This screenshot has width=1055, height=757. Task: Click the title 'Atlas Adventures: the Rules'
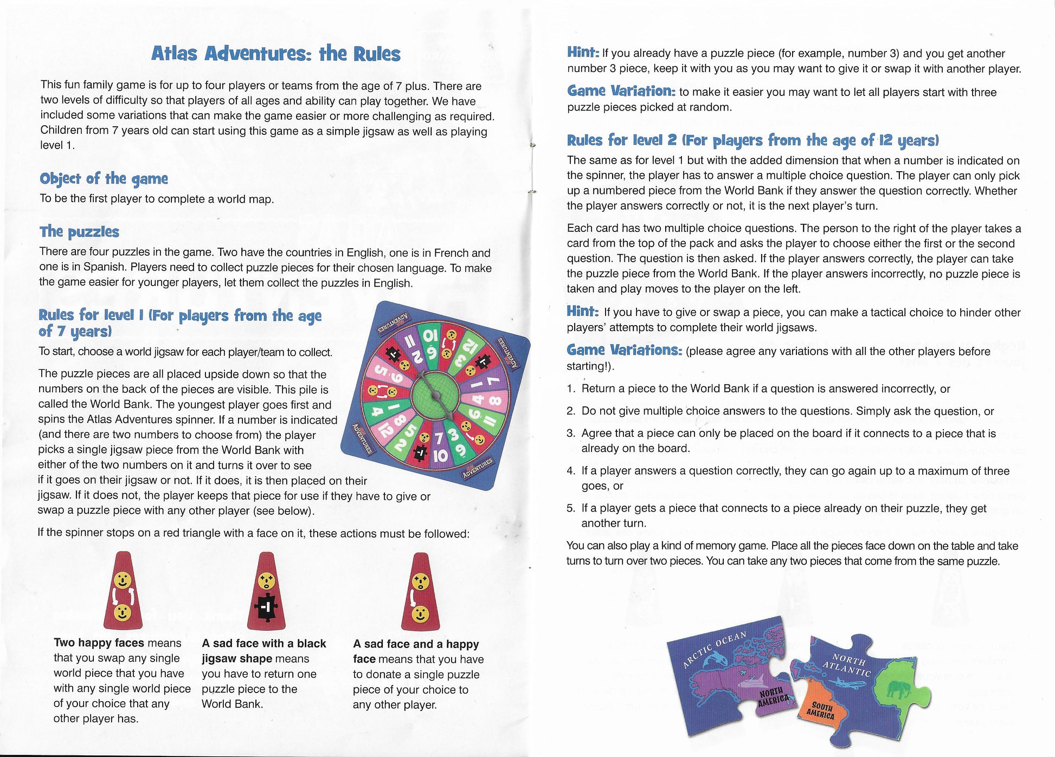pyautogui.click(x=275, y=54)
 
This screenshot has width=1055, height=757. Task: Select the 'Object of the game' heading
pyautogui.click(x=104, y=178)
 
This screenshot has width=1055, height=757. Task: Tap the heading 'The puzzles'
pyautogui.click(x=79, y=231)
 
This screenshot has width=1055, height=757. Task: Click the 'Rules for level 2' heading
pyautogui.click(x=752, y=140)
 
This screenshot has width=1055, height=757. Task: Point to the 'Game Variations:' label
pyautogui.click(x=624, y=350)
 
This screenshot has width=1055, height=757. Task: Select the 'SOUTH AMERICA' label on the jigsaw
pyautogui.click(x=821, y=710)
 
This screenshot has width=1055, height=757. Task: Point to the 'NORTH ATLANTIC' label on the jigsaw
pyautogui.click(x=847, y=665)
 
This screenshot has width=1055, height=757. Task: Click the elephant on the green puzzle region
pyautogui.click(x=897, y=689)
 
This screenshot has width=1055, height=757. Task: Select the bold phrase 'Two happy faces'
pyautogui.click(x=99, y=643)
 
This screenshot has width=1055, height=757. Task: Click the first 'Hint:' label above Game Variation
pyautogui.click(x=583, y=52)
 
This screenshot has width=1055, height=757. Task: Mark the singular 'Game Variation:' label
pyautogui.click(x=621, y=91)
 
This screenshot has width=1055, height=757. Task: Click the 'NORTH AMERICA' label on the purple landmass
pyautogui.click(x=772, y=696)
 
